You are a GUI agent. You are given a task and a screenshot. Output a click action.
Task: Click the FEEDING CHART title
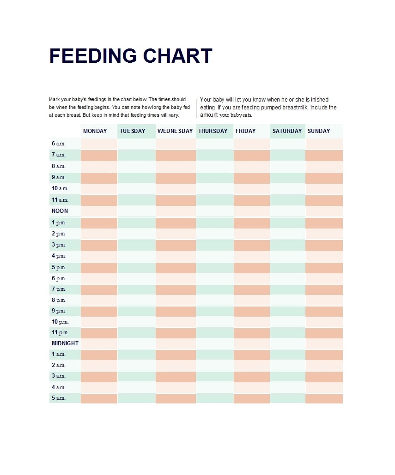coord(130,56)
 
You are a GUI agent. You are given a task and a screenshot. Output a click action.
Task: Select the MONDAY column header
coord(95,131)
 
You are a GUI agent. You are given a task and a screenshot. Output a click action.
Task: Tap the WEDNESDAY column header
coord(175,131)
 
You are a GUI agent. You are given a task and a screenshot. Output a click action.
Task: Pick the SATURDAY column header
coord(287,131)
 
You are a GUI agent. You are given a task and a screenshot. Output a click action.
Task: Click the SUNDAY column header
coord(319,131)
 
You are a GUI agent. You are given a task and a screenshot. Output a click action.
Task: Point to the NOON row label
coord(60,211)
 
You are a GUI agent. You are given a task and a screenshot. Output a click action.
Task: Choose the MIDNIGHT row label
coord(65,343)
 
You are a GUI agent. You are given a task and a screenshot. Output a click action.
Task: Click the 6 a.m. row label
coord(59,144)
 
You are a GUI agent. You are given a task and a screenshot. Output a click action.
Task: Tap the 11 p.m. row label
coord(60,332)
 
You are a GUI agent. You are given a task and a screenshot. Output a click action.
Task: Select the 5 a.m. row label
coord(59,398)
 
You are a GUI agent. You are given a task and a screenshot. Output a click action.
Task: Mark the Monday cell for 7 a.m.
coord(99,155)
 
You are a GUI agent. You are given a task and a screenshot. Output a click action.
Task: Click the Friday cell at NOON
coord(251,211)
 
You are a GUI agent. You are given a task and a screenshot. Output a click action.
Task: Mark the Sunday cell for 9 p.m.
coord(324,311)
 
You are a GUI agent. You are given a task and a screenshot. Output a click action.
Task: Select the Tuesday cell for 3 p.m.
coord(136,245)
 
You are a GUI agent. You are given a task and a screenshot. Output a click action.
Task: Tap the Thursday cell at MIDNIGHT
coord(214,343)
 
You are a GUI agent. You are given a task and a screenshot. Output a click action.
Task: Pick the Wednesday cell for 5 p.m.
coord(176,267)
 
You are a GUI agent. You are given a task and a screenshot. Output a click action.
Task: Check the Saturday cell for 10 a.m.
coord(287,189)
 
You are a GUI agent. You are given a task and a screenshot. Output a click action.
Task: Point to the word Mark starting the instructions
coord(54,99)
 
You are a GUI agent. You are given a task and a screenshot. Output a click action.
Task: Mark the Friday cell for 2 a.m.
coord(251,365)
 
